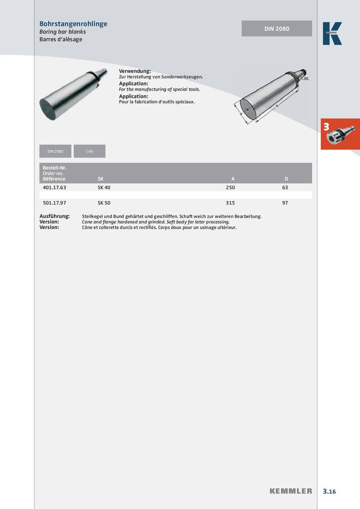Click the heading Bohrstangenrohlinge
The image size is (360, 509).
73,24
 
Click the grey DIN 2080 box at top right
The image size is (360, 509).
277,29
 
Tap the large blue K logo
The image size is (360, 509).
332,34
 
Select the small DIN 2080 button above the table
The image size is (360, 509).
56,151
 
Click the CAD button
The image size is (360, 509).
90,151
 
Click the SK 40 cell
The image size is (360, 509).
104,188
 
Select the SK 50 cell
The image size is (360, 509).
104,203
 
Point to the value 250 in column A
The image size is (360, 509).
230,188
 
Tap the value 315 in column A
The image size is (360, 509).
230,203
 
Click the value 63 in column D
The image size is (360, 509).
285,188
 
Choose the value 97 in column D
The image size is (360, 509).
285,203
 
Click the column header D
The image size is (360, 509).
286,179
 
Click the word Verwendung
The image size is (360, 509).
135,71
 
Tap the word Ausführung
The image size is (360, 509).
54,216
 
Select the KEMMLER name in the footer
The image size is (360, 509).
291,491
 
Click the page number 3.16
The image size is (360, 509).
329,491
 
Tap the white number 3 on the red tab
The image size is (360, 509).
326,127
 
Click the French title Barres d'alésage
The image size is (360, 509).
61,40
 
